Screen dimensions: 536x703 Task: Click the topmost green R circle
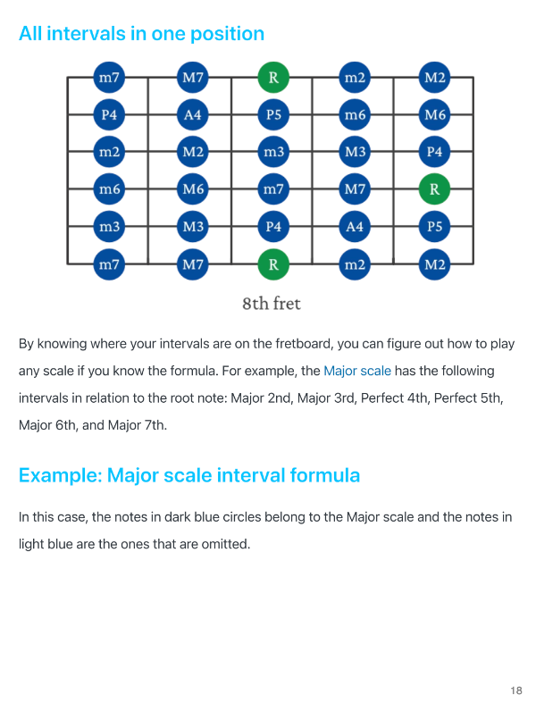click(x=273, y=77)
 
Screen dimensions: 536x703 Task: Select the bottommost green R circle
click(x=273, y=264)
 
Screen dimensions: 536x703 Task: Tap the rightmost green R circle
click(x=434, y=188)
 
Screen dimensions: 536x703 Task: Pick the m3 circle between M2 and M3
click(x=273, y=152)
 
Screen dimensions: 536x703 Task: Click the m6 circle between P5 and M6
click(x=355, y=114)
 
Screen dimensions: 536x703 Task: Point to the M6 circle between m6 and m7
click(x=193, y=188)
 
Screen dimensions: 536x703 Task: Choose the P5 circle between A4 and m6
click(x=273, y=114)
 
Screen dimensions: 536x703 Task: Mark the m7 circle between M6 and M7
click(x=273, y=188)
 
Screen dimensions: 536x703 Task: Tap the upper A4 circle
click(x=193, y=114)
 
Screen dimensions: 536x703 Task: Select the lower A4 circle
click(x=355, y=226)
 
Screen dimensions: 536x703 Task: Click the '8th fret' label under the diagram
click(x=272, y=304)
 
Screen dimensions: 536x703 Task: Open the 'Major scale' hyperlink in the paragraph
click(x=357, y=371)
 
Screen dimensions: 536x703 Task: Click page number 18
click(x=516, y=690)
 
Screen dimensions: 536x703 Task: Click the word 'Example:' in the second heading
click(x=61, y=475)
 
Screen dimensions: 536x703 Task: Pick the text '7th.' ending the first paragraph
click(x=155, y=425)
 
